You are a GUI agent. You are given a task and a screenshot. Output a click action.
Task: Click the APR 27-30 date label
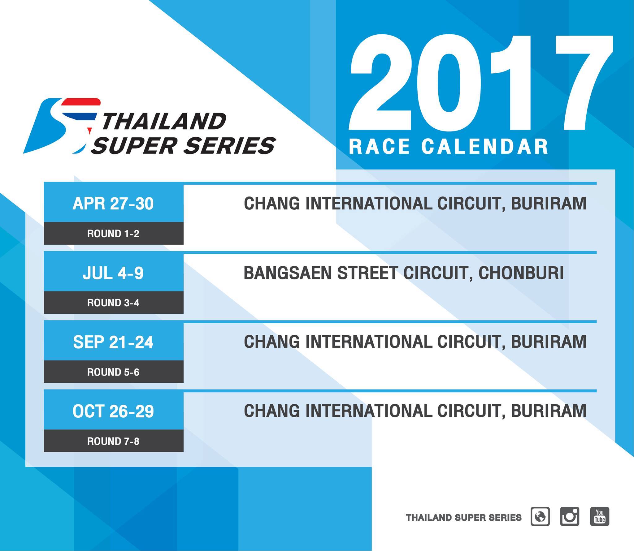point(113,204)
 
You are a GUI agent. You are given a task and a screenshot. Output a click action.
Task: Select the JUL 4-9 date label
point(113,273)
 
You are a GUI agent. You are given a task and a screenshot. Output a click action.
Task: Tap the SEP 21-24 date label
point(113,342)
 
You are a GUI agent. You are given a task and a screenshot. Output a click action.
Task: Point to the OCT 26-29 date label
point(113,411)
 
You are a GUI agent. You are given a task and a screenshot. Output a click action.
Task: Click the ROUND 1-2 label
point(113,234)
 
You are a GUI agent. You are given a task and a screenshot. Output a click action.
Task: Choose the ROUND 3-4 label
point(113,303)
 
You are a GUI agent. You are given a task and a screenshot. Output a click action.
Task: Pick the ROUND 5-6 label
point(113,372)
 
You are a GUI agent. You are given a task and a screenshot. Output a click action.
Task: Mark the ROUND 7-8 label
point(113,441)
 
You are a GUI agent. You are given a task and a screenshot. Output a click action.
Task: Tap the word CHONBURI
point(521,273)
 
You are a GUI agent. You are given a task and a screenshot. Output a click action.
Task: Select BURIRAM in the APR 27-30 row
point(549,204)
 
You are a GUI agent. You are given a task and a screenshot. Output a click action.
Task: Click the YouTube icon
point(600,516)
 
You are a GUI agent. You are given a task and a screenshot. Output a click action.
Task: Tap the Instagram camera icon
point(570,516)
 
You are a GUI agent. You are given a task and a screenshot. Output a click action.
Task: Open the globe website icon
point(540,516)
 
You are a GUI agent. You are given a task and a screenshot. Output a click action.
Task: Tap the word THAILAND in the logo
point(164,121)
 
